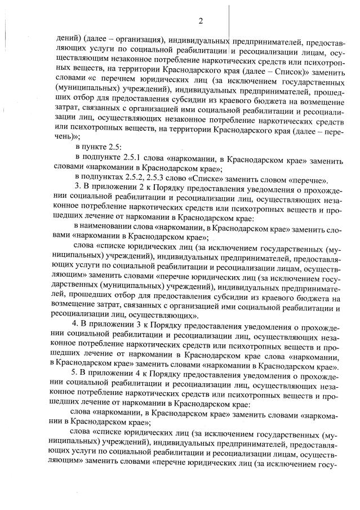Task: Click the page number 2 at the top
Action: pos(200,21)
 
